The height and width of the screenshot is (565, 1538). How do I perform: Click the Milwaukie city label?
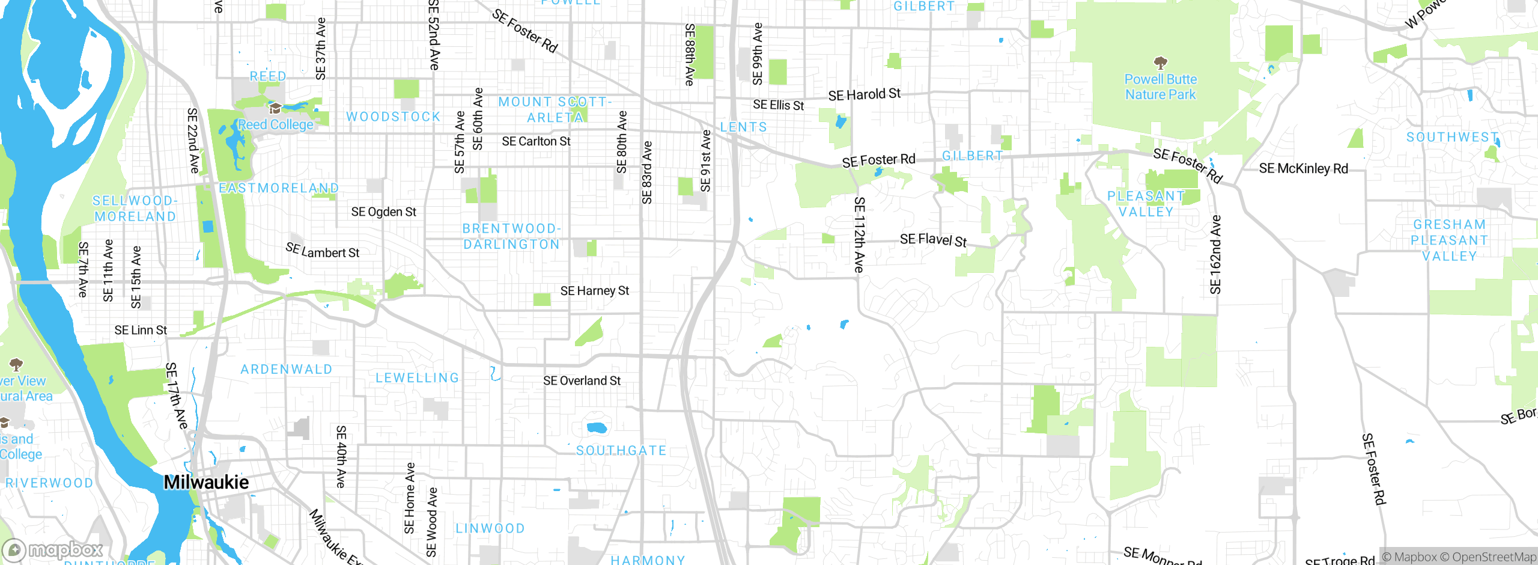(206, 482)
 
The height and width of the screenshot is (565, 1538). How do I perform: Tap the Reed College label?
(276, 124)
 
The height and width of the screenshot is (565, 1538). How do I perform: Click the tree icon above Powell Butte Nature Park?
(1161, 63)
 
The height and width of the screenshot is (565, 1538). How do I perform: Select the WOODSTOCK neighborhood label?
(394, 117)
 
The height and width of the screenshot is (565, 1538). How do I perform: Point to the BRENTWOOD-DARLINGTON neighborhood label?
(511, 236)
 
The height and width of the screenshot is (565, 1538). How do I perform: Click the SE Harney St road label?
(594, 291)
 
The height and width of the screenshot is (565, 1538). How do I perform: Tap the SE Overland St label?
(582, 380)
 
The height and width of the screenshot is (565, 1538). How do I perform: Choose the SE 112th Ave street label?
(860, 234)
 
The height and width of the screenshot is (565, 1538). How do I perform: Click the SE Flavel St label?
(933, 240)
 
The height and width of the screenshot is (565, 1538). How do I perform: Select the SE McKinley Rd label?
(1303, 168)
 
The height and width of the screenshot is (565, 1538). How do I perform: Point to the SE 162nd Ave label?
(1215, 255)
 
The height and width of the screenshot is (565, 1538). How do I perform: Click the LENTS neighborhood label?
(744, 127)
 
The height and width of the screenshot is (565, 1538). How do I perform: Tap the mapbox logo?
(53, 549)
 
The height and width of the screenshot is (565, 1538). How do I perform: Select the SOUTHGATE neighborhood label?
(621, 450)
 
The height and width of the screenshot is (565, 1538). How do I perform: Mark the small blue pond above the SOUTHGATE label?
(597, 428)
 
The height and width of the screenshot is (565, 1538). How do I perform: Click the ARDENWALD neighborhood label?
(287, 369)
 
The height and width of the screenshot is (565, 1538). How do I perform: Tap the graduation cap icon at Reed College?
(275, 108)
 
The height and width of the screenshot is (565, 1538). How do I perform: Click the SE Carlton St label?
(536, 141)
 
